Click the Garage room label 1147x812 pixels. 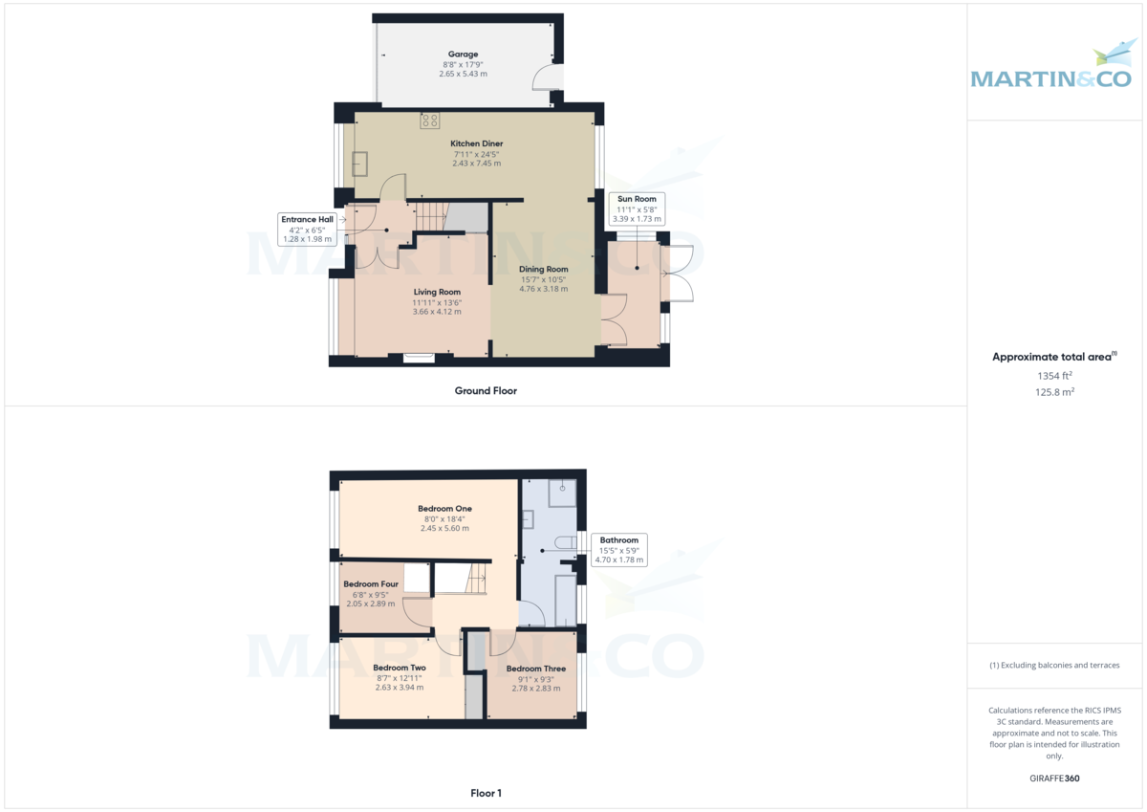[464, 55]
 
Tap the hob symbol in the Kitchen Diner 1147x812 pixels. [429, 121]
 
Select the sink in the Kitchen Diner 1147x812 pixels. [359, 164]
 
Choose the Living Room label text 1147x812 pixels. [437, 292]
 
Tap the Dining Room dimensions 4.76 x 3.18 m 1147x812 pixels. [544, 289]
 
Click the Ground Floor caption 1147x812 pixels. [486, 390]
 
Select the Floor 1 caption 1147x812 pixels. [486, 793]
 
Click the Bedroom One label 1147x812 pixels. [444, 509]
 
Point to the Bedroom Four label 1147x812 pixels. [371, 584]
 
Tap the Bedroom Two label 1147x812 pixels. [400, 668]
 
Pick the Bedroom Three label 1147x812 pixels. [536, 669]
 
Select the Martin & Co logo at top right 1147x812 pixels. [1050, 67]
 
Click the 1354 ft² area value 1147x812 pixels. [1053, 376]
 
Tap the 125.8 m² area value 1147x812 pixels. [1053, 391]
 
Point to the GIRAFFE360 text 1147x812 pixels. [1053, 779]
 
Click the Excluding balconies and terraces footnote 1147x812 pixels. [1053, 665]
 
